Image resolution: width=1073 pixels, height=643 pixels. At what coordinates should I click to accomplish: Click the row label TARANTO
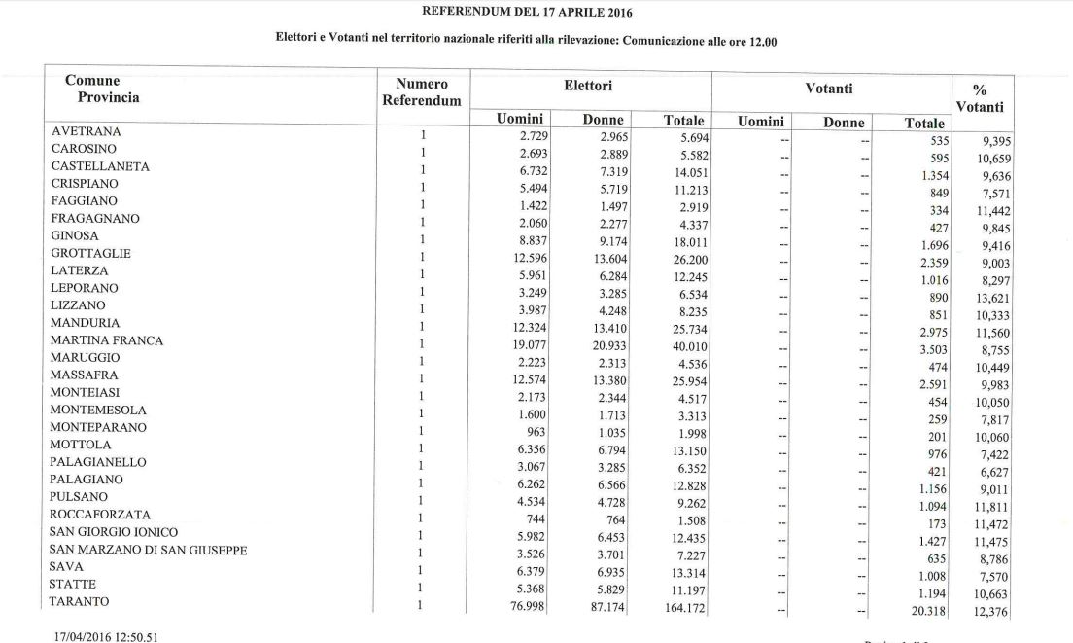coord(73,602)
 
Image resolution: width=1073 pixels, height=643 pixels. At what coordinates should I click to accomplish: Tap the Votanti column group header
coord(829,89)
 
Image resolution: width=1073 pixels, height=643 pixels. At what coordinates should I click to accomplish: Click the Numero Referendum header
coord(422,93)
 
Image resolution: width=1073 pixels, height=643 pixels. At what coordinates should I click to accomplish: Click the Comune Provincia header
coord(102,89)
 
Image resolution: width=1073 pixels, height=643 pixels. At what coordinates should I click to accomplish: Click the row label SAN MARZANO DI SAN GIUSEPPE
coord(148,550)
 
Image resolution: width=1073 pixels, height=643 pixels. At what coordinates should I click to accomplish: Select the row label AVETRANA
coord(86,131)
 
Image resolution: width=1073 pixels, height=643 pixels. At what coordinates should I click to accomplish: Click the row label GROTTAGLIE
coord(90,253)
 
